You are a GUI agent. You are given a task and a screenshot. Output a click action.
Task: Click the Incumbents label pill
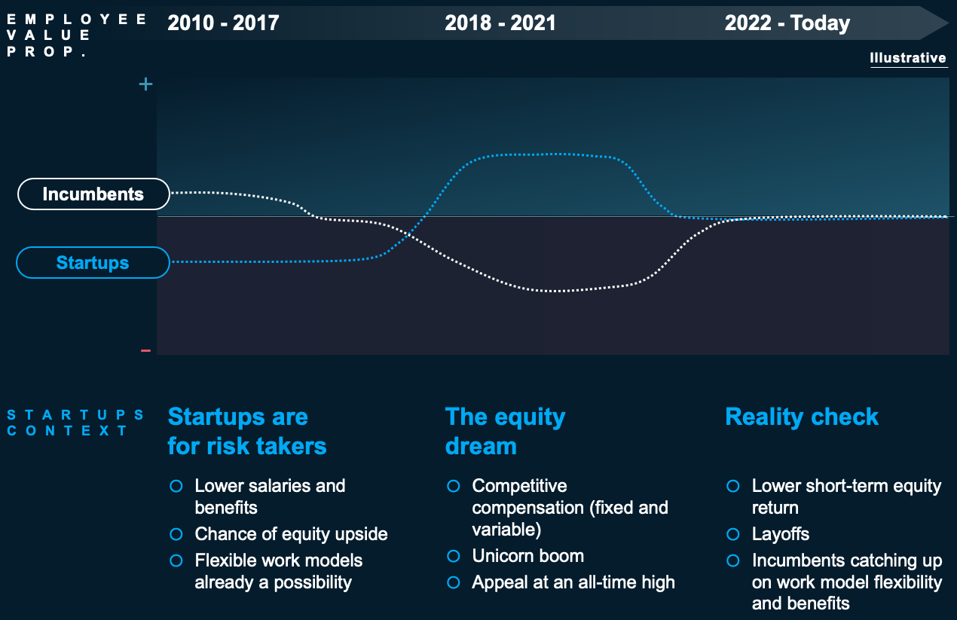pos(93,194)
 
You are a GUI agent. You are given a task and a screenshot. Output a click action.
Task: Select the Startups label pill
pos(93,263)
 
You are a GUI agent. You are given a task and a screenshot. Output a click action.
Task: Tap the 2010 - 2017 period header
pos(223,23)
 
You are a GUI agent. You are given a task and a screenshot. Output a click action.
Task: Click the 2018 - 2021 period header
pos(500,23)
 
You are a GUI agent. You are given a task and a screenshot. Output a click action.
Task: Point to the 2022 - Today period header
pos(787,23)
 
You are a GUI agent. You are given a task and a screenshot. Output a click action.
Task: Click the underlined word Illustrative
pos(908,58)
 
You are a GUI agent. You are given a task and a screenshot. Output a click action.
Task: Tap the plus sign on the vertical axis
pos(145,84)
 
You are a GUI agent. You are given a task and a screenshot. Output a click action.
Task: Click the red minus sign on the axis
pos(145,351)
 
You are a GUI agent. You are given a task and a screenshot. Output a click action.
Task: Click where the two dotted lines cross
pos(409,234)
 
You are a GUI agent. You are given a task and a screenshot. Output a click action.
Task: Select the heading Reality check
pos(802,417)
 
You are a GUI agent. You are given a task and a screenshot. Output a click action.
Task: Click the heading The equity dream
pos(505,431)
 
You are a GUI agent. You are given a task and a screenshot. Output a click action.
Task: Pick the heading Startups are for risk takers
pos(247,431)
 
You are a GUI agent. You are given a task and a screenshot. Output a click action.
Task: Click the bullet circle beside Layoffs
pos(733,534)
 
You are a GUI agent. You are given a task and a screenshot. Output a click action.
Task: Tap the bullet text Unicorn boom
pos(528,556)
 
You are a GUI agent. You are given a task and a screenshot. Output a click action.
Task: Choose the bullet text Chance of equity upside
pos(292,534)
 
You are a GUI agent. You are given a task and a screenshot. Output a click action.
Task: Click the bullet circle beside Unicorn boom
pos(454,557)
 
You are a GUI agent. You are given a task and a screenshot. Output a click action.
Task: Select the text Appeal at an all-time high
pos(573,582)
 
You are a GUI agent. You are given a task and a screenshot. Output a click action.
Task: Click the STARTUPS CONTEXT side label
pos(75,423)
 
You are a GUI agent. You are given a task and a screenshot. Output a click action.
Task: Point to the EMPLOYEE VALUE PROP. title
pos(77,35)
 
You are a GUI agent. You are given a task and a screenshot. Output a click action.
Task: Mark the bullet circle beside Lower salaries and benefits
pos(176,486)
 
